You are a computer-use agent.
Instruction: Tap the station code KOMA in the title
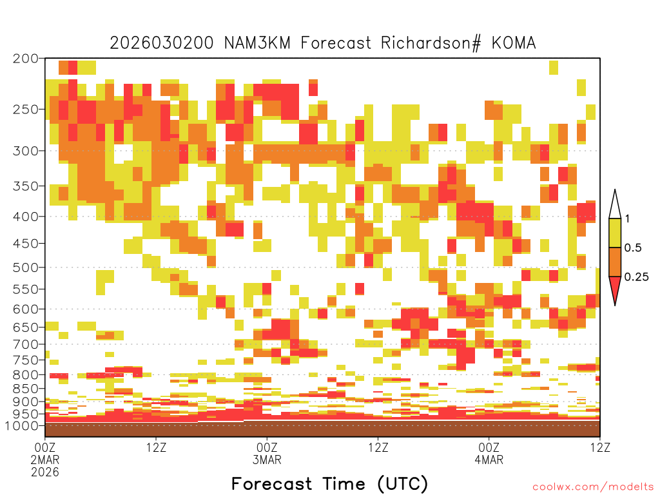tap(514, 43)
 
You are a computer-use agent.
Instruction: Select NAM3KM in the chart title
tap(257, 43)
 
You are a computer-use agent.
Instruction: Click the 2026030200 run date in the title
tap(162, 43)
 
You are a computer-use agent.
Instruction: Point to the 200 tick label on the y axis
tap(26, 59)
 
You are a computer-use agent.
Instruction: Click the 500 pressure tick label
tap(26, 267)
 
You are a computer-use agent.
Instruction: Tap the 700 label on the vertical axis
tap(26, 344)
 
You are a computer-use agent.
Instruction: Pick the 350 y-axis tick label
tap(26, 186)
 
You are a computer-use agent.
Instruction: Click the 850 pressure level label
tap(26, 389)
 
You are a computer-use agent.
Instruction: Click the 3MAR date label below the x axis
tap(267, 460)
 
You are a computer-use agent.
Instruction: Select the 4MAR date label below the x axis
tap(489, 460)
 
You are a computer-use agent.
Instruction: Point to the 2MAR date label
tap(45, 460)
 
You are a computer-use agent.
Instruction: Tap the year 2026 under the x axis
tap(45, 472)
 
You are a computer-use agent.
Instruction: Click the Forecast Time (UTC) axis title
tap(329, 484)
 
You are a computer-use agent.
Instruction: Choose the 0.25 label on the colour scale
tap(636, 277)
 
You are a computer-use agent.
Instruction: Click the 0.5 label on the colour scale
tap(633, 248)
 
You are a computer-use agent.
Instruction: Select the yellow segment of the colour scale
tap(615, 233)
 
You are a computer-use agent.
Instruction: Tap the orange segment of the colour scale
tap(615, 262)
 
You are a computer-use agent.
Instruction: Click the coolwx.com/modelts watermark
tap(593, 487)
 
